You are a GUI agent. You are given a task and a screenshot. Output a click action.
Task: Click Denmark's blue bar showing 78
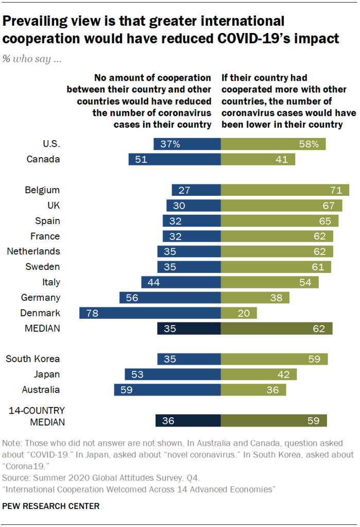point(150,313)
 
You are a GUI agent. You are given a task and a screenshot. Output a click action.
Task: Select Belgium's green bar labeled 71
point(285,190)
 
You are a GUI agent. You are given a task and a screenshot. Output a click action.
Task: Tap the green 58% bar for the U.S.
point(273,144)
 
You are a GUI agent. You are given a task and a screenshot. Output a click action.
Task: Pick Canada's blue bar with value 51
point(175,160)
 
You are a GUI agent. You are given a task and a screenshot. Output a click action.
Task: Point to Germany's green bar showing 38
point(255,297)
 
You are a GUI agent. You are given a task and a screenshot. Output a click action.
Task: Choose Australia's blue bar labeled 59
point(167,390)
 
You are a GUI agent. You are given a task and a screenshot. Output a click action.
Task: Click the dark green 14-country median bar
point(273,421)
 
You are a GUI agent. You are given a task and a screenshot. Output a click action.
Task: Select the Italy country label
point(51,282)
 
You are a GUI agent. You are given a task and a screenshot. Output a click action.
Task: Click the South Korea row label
point(33,359)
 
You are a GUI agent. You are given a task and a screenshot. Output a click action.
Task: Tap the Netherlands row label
point(33,251)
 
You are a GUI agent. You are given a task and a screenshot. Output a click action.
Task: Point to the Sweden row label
point(43,267)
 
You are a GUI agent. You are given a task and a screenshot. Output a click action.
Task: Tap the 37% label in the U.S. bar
point(169,144)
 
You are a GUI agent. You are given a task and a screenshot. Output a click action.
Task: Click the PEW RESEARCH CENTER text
point(51,506)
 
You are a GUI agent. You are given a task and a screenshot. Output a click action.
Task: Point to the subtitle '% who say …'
point(32,59)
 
